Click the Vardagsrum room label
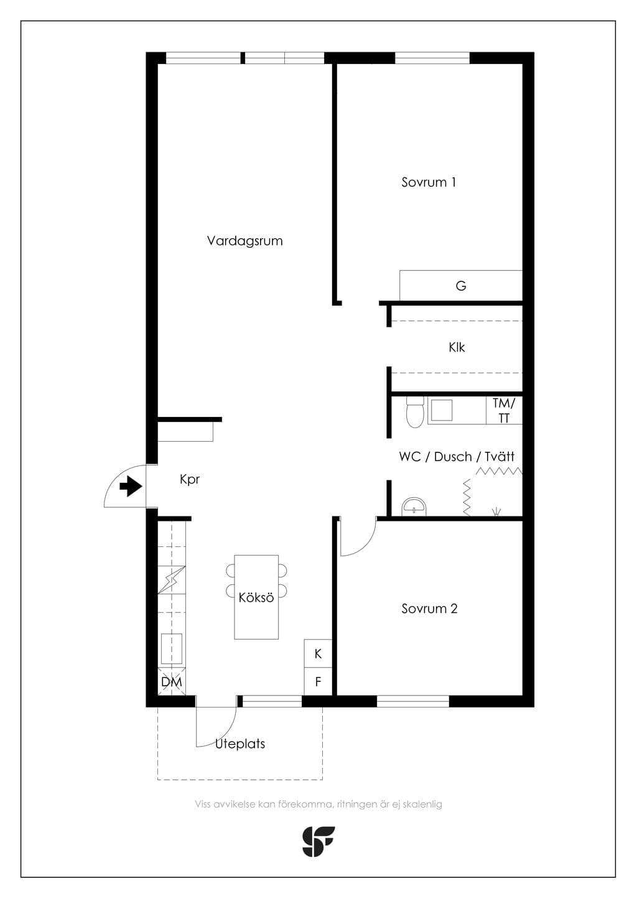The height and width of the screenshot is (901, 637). point(244,241)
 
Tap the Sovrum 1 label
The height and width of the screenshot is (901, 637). point(429,182)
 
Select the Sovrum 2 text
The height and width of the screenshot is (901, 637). point(429,609)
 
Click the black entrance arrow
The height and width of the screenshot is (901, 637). point(131,487)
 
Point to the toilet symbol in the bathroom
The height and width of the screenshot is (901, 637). point(415,412)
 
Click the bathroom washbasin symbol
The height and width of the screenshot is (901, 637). point(414,507)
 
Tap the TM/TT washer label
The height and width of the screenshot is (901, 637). point(504,410)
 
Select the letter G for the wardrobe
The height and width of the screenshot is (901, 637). point(461,286)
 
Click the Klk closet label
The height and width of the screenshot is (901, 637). point(457,347)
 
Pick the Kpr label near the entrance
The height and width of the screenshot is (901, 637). point(190,480)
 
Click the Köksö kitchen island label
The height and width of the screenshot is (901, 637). point(256,597)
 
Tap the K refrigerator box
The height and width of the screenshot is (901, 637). point(318,653)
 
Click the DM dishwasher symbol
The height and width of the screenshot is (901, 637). point(172,681)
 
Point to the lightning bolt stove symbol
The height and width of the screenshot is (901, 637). point(172,580)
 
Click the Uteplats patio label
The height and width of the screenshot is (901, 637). point(240,744)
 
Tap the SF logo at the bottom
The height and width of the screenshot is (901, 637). point(318,842)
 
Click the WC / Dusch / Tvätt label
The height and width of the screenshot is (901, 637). point(457,457)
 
